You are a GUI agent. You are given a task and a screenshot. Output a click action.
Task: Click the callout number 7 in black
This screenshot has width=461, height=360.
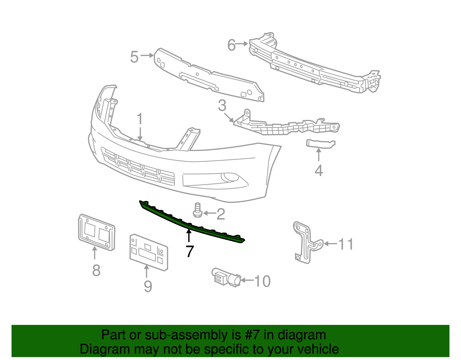190,251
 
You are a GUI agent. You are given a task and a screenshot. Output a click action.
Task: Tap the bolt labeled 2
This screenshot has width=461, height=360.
197,210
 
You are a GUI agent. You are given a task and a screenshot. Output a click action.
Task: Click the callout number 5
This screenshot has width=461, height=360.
134,57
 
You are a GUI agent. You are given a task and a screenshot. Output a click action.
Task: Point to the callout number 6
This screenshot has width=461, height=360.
232,45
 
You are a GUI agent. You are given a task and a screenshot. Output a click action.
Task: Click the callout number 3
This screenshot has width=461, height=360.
222,106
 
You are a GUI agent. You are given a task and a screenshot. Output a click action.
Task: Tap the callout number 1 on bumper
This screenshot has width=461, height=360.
140,119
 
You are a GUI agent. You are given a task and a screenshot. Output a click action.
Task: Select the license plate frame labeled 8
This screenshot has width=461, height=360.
96,232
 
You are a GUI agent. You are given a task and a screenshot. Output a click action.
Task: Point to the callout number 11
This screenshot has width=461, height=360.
346,244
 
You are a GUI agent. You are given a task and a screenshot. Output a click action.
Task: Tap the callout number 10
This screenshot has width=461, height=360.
262,281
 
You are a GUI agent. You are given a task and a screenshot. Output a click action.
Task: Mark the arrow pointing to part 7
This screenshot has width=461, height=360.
189,235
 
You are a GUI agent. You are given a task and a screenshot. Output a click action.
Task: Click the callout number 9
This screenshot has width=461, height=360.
148,286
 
